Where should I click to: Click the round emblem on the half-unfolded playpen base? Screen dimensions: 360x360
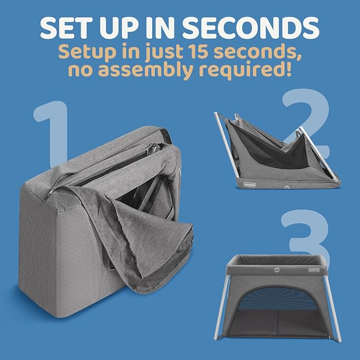point(286,186)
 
